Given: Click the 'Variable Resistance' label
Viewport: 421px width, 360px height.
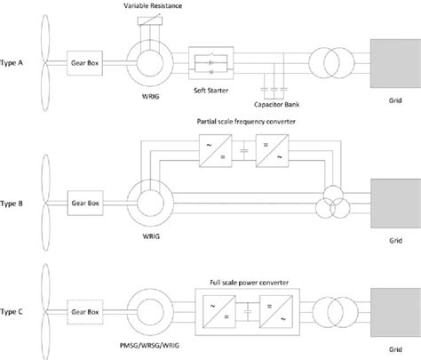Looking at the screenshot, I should click(148, 6).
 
